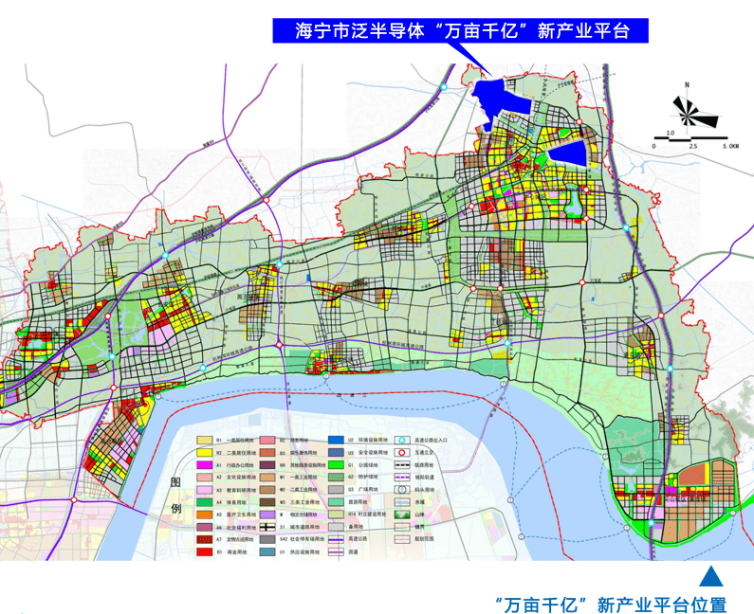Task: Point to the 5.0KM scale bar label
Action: [730, 147]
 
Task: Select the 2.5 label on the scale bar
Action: [693, 147]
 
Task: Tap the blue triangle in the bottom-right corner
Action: [710, 576]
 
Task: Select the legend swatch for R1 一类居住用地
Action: [204, 441]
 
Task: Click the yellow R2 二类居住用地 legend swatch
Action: [204, 453]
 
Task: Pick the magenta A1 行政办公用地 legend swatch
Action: [204, 465]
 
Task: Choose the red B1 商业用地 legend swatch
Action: [204, 551]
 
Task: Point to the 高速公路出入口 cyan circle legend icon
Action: [401, 441]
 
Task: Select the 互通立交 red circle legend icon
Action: [401, 453]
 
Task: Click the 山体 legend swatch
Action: [401, 515]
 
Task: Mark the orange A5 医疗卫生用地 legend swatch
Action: [204, 515]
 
